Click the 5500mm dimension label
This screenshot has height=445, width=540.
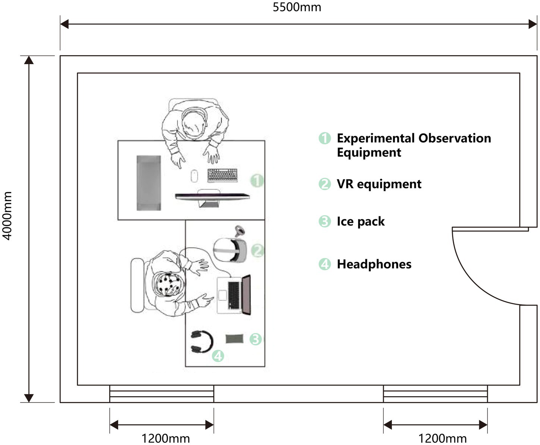coord(297,7)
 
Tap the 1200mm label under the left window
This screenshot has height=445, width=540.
coord(166,438)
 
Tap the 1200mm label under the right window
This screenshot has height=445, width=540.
coord(442,438)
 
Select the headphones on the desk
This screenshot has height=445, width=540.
coord(201,342)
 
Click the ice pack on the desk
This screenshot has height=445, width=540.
coord(234,339)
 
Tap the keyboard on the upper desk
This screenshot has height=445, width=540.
coord(222,175)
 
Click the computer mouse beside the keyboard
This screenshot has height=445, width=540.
coord(194,176)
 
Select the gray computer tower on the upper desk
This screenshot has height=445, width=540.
coord(148,183)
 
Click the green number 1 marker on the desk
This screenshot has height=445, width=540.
coord(257,181)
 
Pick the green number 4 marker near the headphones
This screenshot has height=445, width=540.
coord(218,355)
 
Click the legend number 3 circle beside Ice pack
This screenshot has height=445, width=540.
coord(324,221)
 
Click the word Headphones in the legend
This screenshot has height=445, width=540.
coord(374,264)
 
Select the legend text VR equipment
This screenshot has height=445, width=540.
coord(379,184)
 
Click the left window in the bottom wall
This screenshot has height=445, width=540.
coord(161,394)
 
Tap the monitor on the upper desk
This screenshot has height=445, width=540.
coord(212,196)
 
